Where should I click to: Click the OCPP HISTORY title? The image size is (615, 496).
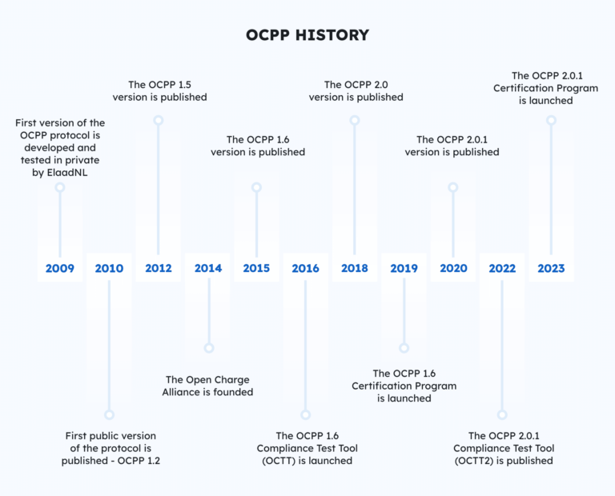tap(307, 34)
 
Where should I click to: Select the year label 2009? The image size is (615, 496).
tap(60, 268)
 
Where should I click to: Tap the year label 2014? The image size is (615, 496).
tap(208, 268)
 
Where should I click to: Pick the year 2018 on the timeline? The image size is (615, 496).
tap(355, 268)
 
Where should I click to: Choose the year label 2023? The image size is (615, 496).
tap(551, 268)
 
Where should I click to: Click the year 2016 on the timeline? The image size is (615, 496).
tap(305, 268)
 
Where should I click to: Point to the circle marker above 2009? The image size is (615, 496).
tap(60, 187)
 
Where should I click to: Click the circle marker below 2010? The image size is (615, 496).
tap(109, 414)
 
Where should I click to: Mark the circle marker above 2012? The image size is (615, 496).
tap(159, 120)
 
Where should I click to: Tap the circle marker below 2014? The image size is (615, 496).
tap(208, 348)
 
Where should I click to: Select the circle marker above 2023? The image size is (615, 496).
tap(551, 120)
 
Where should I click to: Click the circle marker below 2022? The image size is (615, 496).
tap(502, 414)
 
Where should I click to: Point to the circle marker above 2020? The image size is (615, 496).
tap(453, 187)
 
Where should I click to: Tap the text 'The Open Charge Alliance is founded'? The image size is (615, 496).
tap(207, 386)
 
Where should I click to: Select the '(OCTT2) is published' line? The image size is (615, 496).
tap(503, 461)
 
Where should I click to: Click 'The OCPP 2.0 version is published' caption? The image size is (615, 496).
tap(356, 90)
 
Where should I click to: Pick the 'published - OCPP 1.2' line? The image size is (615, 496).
tap(111, 461)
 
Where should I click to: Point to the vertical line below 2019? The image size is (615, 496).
tap(404, 312)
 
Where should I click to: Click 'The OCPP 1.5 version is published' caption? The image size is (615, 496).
tap(167, 90)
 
